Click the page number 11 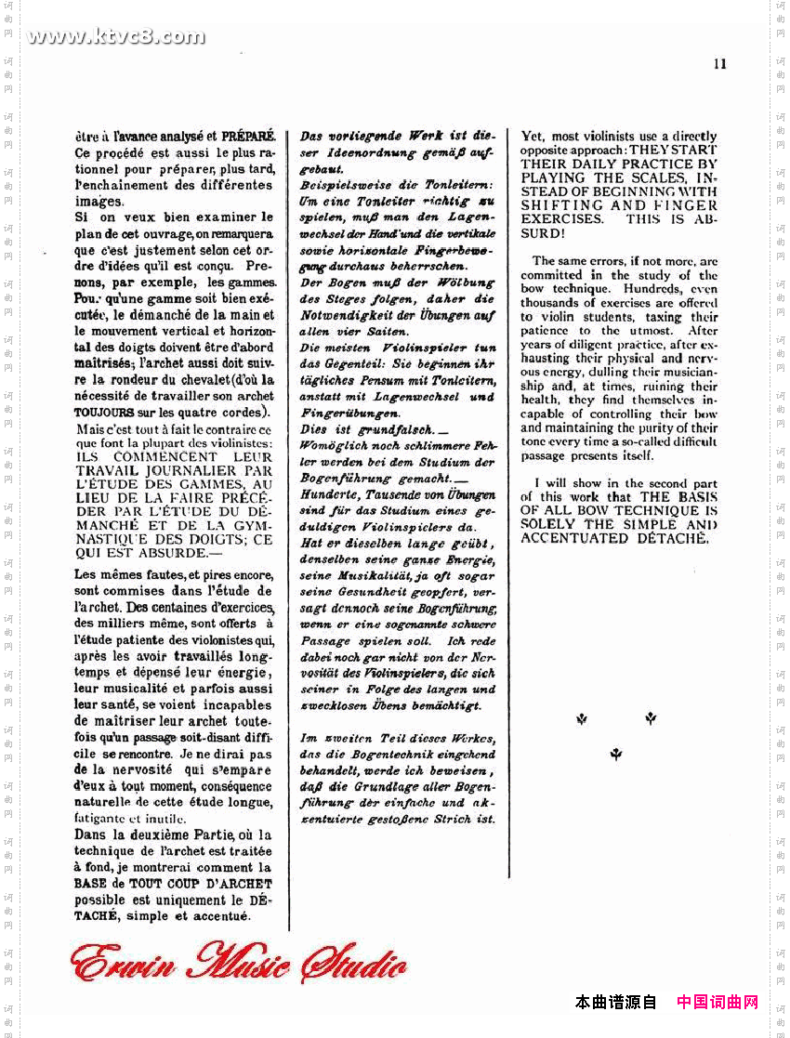point(719,63)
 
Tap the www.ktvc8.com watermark point(116,37)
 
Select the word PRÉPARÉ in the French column point(248,136)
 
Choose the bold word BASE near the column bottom point(90,883)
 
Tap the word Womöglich point(332,446)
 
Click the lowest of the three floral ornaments point(615,755)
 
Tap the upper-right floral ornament point(651,717)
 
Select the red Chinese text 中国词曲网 point(718,1002)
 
